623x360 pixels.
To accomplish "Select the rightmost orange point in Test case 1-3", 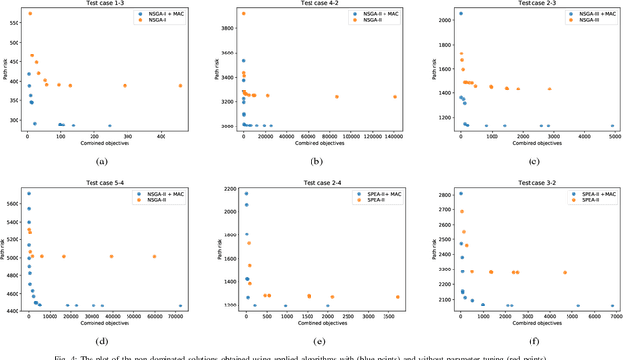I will click(x=180, y=86).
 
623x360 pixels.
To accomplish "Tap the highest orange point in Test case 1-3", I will click(x=29, y=14).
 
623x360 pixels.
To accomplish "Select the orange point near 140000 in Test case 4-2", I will click(x=395, y=97).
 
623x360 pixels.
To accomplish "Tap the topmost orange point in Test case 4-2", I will click(x=243, y=14).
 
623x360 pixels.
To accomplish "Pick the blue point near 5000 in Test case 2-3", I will click(x=612, y=126).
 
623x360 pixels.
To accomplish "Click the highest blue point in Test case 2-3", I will click(x=460, y=14).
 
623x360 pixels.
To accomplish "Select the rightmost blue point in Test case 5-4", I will click(x=180, y=306).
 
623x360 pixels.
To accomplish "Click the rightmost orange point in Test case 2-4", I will click(x=397, y=297).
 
